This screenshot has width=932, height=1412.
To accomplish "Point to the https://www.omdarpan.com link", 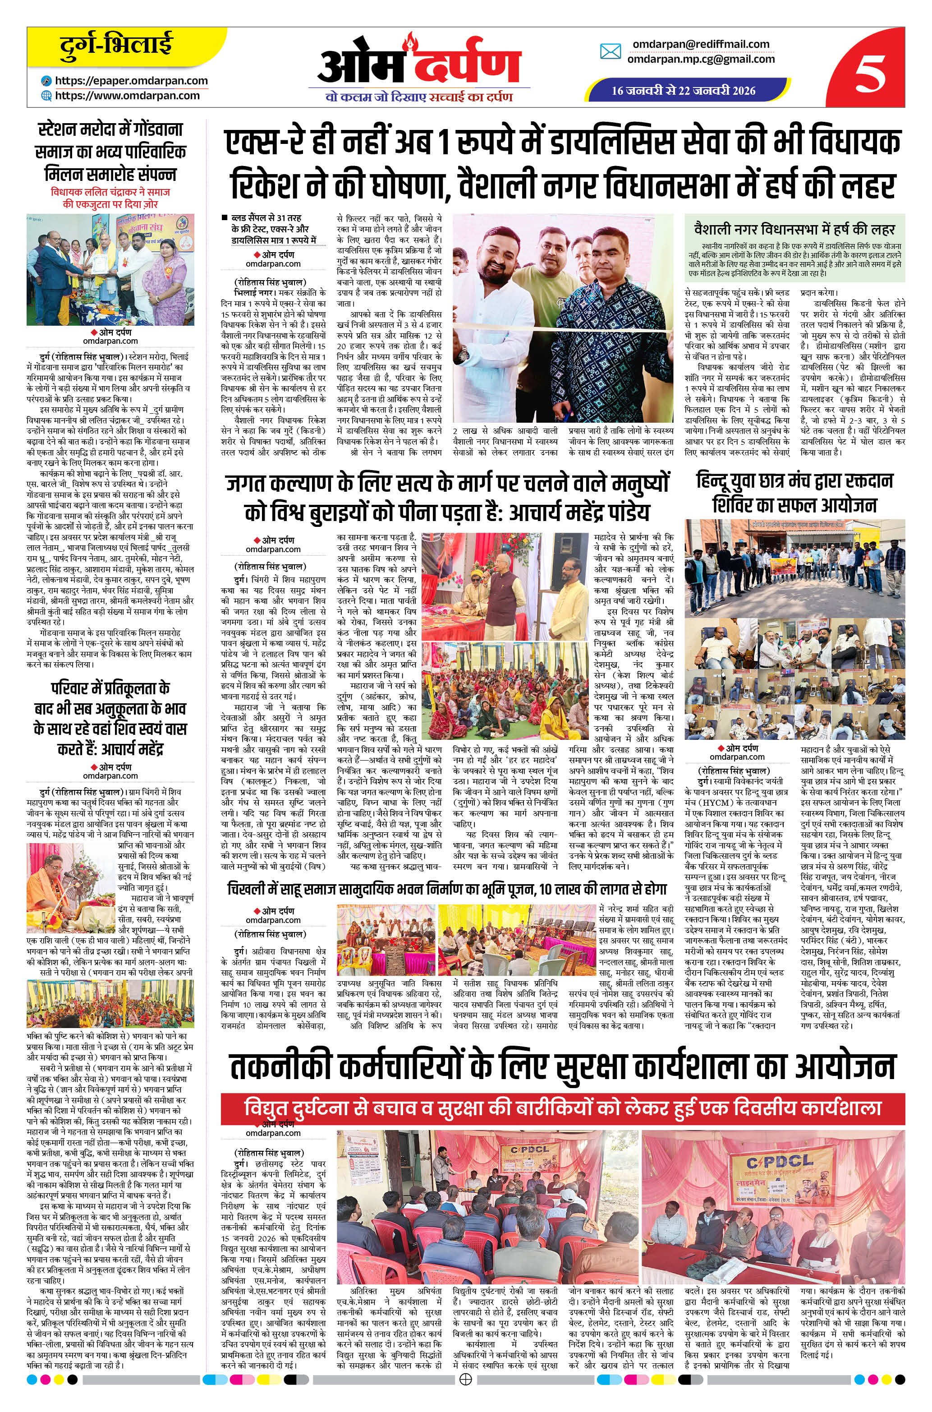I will tap(127, 95).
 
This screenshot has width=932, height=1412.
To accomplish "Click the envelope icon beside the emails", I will tap(611, 52).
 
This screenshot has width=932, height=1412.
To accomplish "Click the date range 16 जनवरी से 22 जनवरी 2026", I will tap(684, 90).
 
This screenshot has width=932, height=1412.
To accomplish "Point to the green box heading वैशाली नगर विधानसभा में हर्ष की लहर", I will tap(794, 229).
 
